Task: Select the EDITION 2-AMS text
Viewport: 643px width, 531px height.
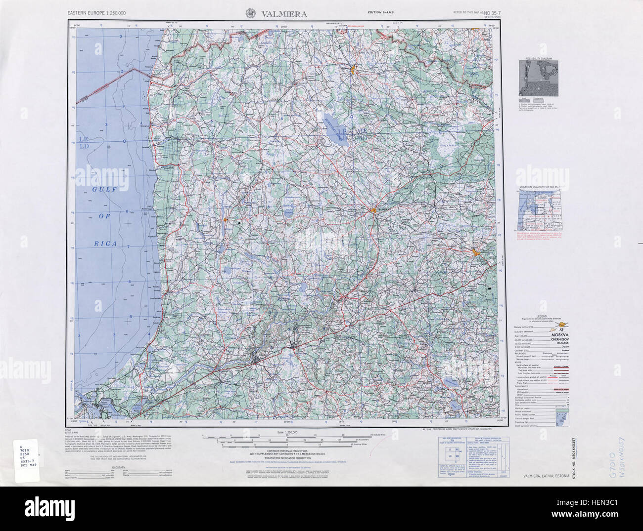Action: pos(381,12)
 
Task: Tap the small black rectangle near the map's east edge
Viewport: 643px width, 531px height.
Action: pos(490,287)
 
